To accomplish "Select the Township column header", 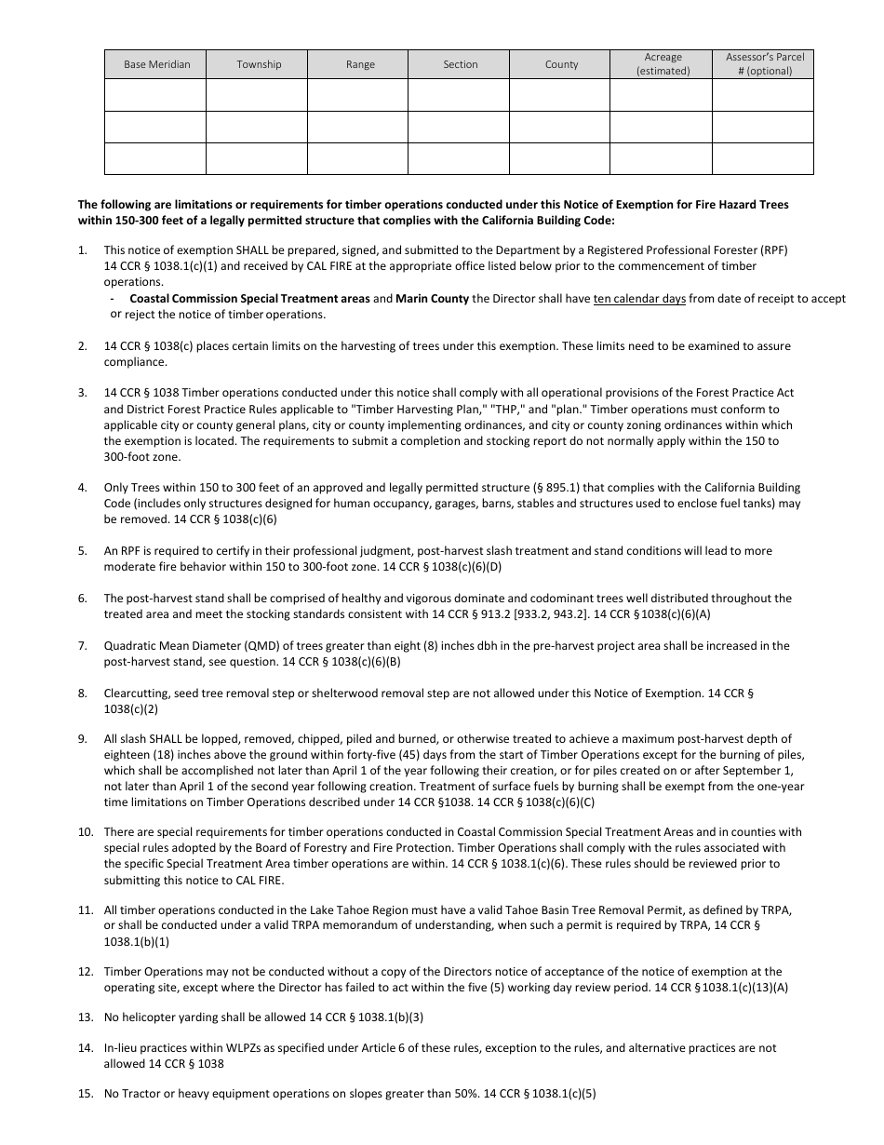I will [x=258, y=64].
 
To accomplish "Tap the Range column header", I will [x=359, y=64].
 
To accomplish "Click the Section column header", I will [x=460, y=64].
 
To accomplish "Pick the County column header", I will [x=561, y=64].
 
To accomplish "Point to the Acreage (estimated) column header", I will [x=663, y=64].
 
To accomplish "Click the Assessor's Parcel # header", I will [x=764, y=64].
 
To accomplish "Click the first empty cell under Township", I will [x=258, y=95].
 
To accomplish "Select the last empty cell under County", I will [x=561, y=158].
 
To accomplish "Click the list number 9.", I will [x=82, y=739].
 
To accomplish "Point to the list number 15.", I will [x=85, y=1094].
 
